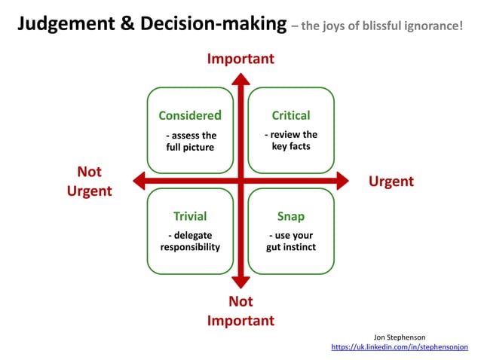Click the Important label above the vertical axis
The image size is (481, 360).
click(240, 59)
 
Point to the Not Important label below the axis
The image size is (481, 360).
click(240, 311)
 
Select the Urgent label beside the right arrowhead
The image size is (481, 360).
click(391, 182)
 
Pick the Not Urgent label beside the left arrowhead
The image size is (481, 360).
click(89, 182)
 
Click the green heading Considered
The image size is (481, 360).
click(190, 115)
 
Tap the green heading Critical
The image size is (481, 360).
click(291, 115)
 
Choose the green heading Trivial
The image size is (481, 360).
click(190, 216)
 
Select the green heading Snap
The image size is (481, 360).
click(291, 216)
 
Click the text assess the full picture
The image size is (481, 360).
click(190, 142)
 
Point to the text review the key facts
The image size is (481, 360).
click(291, 140)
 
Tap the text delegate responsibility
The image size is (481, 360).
click(190, 241)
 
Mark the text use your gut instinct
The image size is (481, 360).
click(291, 241)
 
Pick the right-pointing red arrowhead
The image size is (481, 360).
click(342, 181)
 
